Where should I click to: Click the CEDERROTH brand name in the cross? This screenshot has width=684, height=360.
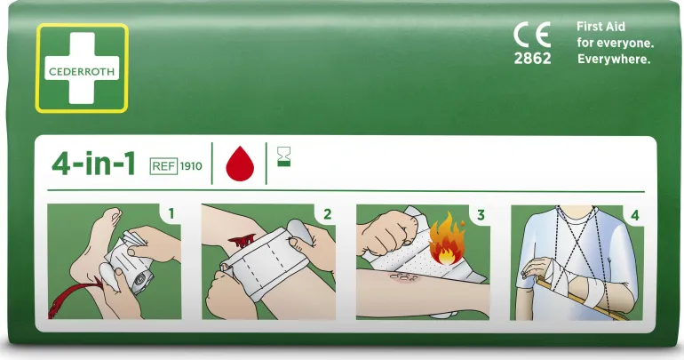pyautogui.click(x=82, y=72)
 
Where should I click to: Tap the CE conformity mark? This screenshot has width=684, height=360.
pyautogui.click(x=532, y=35)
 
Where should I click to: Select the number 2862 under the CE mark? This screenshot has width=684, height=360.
pyautogui.click(x=532, y=58)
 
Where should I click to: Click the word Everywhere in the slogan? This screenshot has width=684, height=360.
pyautogui.click(x=614, y=60)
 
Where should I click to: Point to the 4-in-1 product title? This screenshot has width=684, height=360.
pyautogui.click(x=93, y=164)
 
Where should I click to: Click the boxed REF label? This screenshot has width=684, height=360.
pyautogui.click(x=163, y=166)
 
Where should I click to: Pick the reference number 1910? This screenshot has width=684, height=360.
pyautogui.click(x=191, y=166)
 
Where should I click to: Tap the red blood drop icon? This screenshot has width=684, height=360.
pyautogui.click(x=240, y=164)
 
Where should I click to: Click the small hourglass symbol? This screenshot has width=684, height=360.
pyautogui.click(x=284, y=156)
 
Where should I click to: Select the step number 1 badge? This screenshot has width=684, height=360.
pyautogui.click(x=171, y=214)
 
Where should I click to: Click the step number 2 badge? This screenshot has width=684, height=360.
pyautogui.click(x=327, y=214)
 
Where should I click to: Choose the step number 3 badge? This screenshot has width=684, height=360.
pyautogui.click(x=481, y=215)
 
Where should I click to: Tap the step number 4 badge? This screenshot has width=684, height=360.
pyautogui.click(x=635, y=215)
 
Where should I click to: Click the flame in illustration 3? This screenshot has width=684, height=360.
pyautogui.click(x=447, y=239)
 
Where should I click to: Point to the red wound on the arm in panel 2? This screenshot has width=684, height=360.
pyautogui.click(x=242, y=241)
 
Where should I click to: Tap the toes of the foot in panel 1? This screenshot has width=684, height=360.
pyautogui.click(x=111, y=215)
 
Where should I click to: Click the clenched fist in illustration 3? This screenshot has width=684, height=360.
pyautogui.click(x=384, y=232)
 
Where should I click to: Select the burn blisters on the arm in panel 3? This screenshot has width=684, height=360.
pyautogui.click(x=402, y=277)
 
